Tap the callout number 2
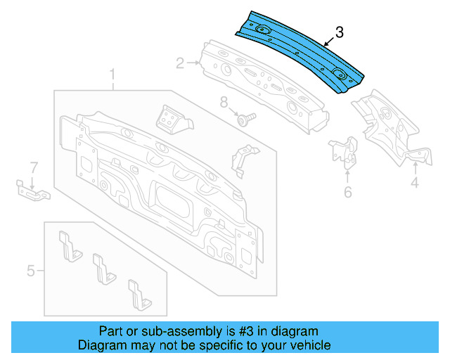(x=180, y=64)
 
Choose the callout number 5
(x=31, y=269)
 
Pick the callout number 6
(x=347, y=192)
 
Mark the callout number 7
(x=32, y=167)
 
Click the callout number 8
(x=224, y=103)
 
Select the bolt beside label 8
(x=246, y=119)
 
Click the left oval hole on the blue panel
(x=263, y=30)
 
